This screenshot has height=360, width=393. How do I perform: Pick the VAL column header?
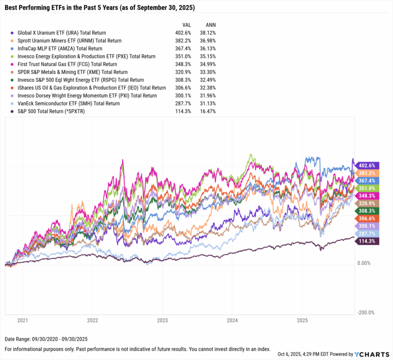point(187,25)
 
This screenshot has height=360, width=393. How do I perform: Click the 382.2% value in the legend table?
point(184,40)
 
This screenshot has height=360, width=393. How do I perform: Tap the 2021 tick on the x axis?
point(23,321)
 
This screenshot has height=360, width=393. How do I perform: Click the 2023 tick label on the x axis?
point(162,321)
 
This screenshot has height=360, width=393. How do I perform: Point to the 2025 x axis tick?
point(302,321)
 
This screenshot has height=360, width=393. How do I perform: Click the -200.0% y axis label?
point(365,313)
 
